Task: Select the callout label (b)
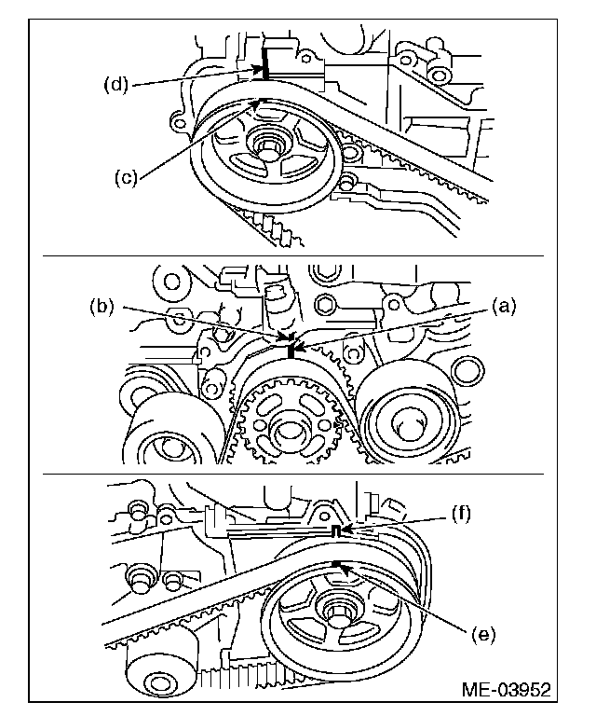101,305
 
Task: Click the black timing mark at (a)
291,351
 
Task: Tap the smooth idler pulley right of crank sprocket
411,420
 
